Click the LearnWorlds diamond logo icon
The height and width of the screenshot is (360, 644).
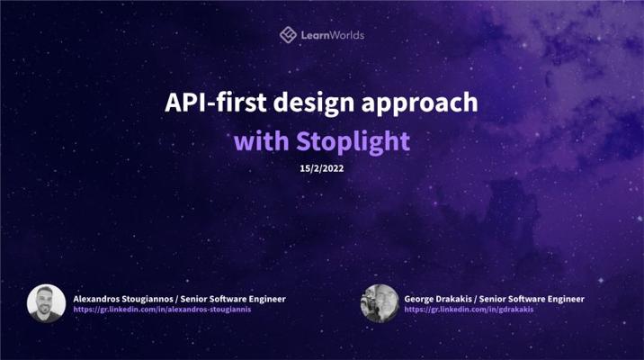[288, 35]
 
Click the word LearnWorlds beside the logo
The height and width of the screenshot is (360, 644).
[333, 35]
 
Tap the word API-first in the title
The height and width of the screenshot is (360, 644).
[216, 103]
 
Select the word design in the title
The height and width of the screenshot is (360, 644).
[314, 103]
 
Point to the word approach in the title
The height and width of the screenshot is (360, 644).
[420, 103]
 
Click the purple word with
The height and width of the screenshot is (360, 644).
[262, 141]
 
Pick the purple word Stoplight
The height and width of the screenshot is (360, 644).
[353, 142]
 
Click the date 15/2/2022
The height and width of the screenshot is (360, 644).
[322, 168]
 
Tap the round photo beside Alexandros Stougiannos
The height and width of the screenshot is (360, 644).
[47, 303]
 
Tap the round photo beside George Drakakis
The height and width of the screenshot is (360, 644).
[380, 303]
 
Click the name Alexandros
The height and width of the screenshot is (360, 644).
[96, 299]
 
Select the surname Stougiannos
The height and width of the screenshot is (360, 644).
[148, 300]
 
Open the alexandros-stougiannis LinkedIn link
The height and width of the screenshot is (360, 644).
[162, 310]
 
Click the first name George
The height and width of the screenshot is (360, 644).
[417, 300]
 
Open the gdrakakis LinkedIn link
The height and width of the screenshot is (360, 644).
[469, 310]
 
